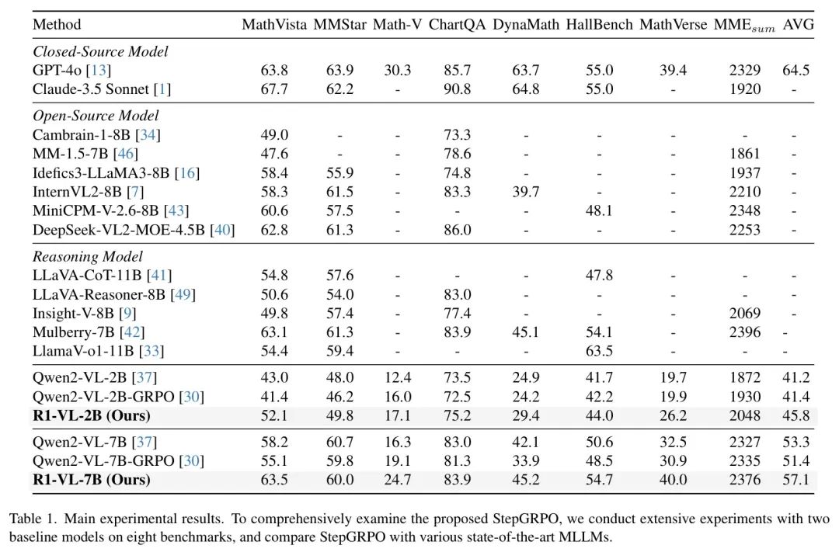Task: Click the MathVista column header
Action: pyautogui.click(x=274, y=24)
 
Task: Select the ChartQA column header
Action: pyautogui.click(x=457, y=24)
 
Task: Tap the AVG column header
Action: pyautogui.click(x=798, y=24)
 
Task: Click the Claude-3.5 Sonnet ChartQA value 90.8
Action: pyautogui.click(x=457, y=89)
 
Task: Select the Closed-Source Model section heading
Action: pyautogui.click(x=100, y=52)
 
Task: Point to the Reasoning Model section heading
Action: pyautogui.click(x=87, y=256)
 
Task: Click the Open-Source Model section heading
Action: pyautogui.click(x=96, y=116)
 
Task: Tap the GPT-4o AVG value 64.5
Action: pyautogui.click(x=795, y=71)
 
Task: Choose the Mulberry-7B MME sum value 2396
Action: pyautogui.click(x=745, y=332)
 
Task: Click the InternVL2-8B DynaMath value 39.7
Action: pyautogui.click(x=526, y=191)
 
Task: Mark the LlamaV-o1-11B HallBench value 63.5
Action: pyautogui.click(x=599, y=351)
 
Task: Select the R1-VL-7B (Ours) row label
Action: pyautogui.click(x=91, y=480)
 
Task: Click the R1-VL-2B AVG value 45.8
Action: pyautogui.click(x=795, y=415)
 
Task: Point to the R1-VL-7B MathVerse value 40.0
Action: pyautogui.click(x=674, y=480)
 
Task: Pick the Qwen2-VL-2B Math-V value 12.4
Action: pyautogui.click(x=397, y=378)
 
